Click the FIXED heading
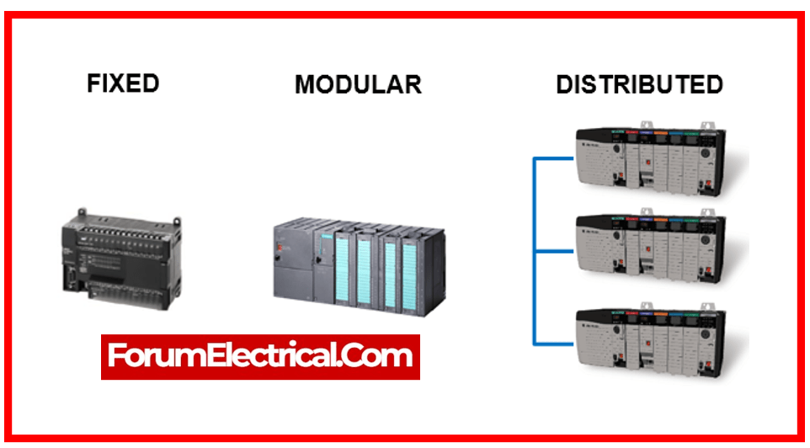click(123, 83)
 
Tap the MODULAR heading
click(358, 84)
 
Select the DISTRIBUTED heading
click(639, 84)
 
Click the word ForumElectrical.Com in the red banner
click(260, 356)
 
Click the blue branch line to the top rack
click(552, 157)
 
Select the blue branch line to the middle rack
click(552, 250)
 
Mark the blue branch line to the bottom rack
click(552, 343)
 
